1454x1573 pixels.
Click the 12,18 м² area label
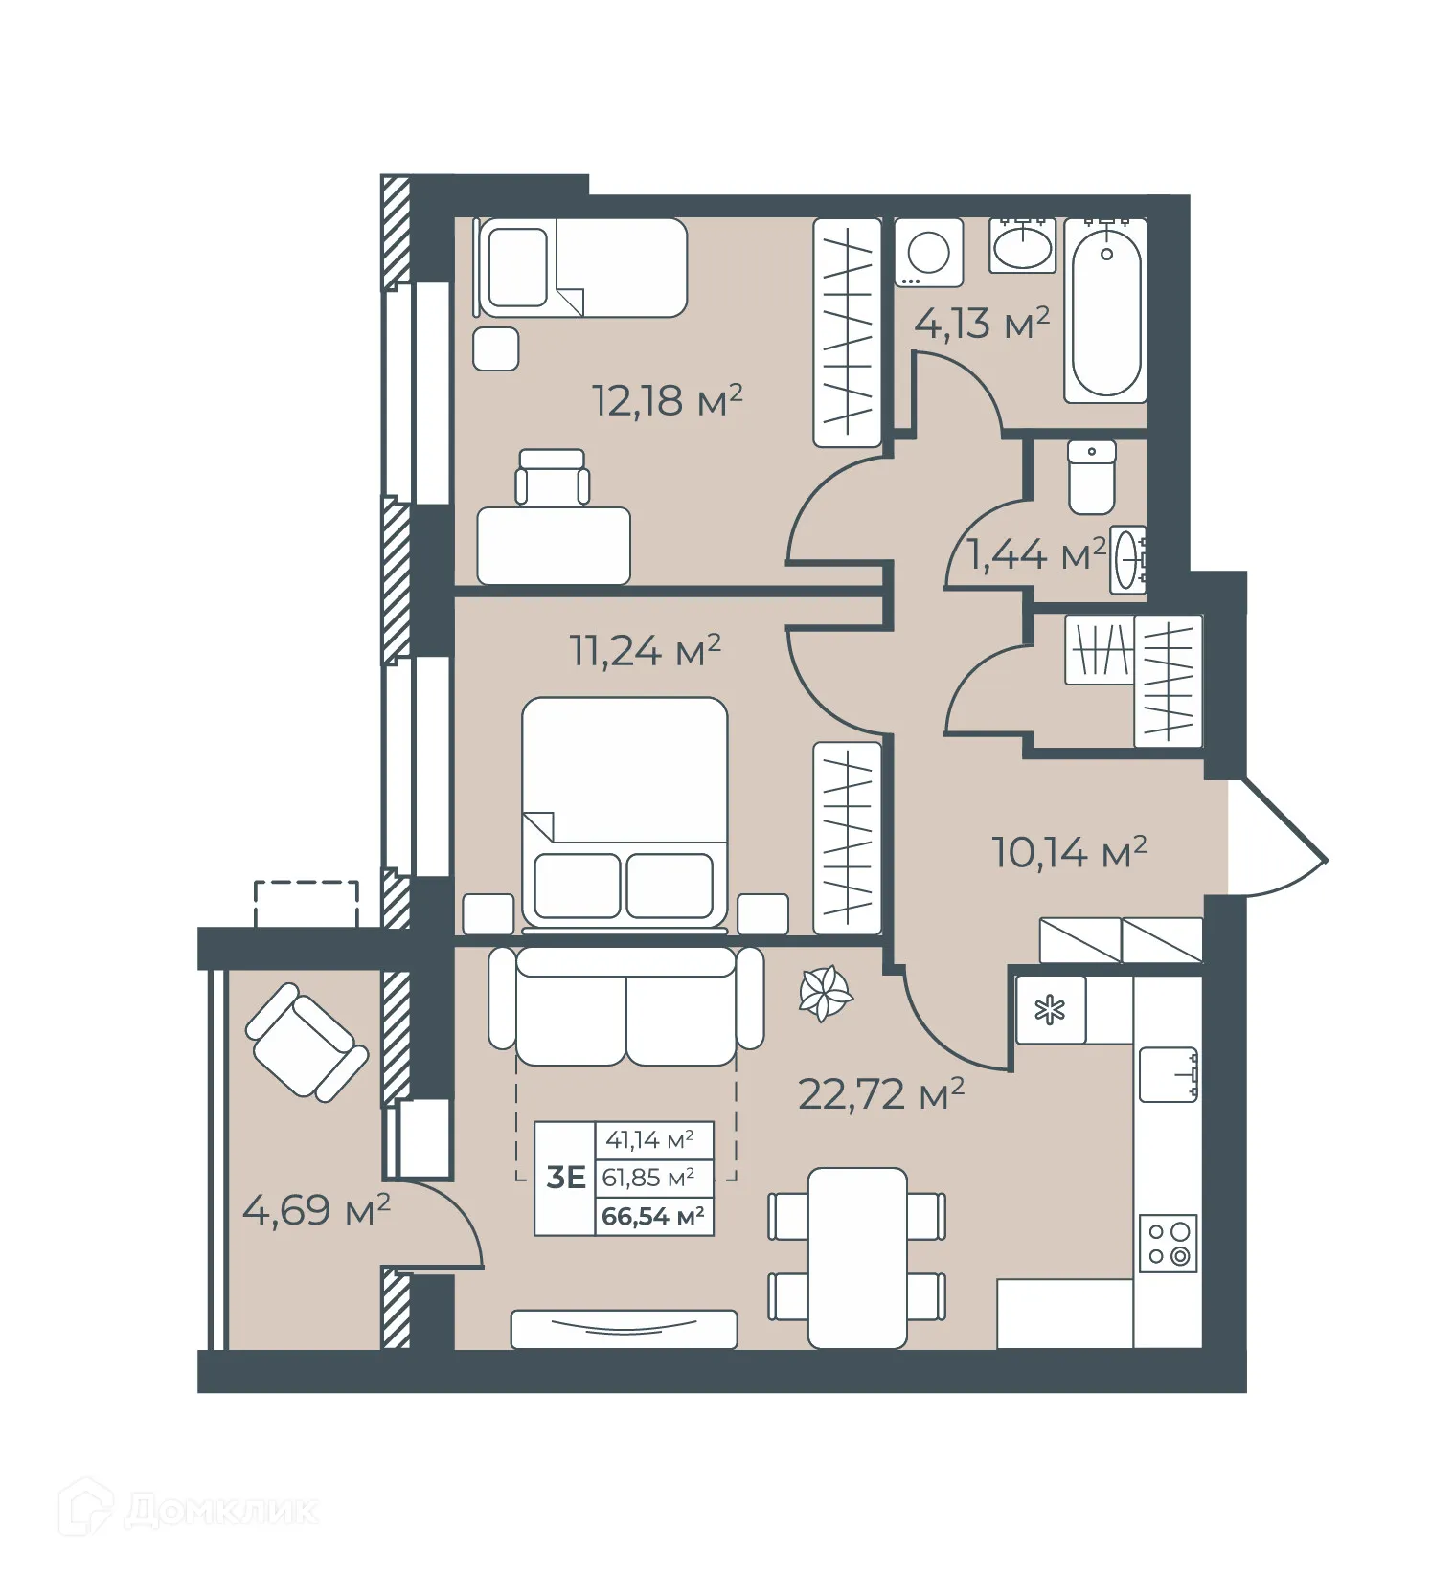[667, 399]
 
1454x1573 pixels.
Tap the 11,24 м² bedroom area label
[645, 651]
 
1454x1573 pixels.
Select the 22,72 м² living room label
[880, 1093]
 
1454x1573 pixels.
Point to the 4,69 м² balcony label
[316, 1210]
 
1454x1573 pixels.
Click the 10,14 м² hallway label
[1069, 851]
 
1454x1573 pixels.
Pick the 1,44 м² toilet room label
[1036, 554]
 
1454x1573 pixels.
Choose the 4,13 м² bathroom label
[981, 324]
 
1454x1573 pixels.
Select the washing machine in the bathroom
[927, 253]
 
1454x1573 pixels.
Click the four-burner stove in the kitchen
[1169, 1244]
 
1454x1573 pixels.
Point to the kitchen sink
[1168, 1074]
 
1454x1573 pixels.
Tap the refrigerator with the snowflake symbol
[1051, 1009]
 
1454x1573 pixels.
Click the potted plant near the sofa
[825, 995]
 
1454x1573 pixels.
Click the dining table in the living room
[856, 1256]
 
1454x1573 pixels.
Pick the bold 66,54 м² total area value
[652, 1217]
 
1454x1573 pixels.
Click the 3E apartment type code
[565, 1177]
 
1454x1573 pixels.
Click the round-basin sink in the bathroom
[1023, 246]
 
